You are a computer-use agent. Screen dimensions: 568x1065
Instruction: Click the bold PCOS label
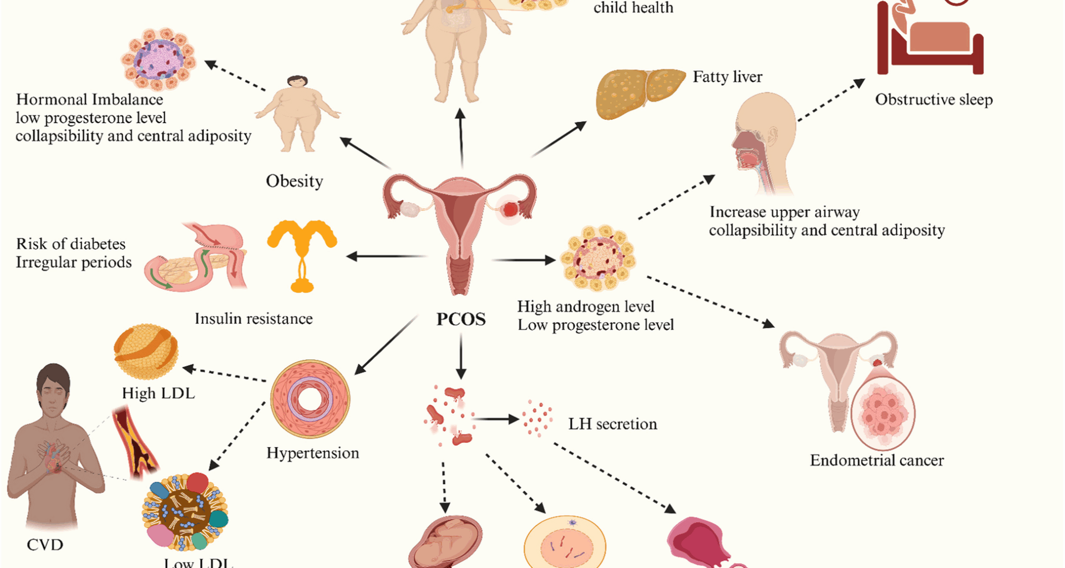[461, 319]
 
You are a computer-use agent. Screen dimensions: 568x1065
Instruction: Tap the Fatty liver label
[727, 77]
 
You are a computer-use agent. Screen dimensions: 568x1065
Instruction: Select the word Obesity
[294, 181]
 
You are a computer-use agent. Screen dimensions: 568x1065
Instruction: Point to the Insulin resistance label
[253, 319]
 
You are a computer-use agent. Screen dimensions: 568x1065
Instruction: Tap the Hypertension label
[313, 453]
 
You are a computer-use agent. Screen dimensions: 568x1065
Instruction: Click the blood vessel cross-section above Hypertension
[310, 399]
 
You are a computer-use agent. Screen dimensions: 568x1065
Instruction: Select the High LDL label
[158, 393]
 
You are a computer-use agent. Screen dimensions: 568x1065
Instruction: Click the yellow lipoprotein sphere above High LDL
[146, 351]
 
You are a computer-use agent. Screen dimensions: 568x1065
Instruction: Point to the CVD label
[45, 545]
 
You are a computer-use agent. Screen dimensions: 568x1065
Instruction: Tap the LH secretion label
[612, 424]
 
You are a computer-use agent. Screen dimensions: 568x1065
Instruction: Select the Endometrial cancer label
[876, 460]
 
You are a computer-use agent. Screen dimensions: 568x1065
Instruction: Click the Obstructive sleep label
[934, 100]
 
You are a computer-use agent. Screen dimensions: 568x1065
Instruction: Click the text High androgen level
[586, 307]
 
